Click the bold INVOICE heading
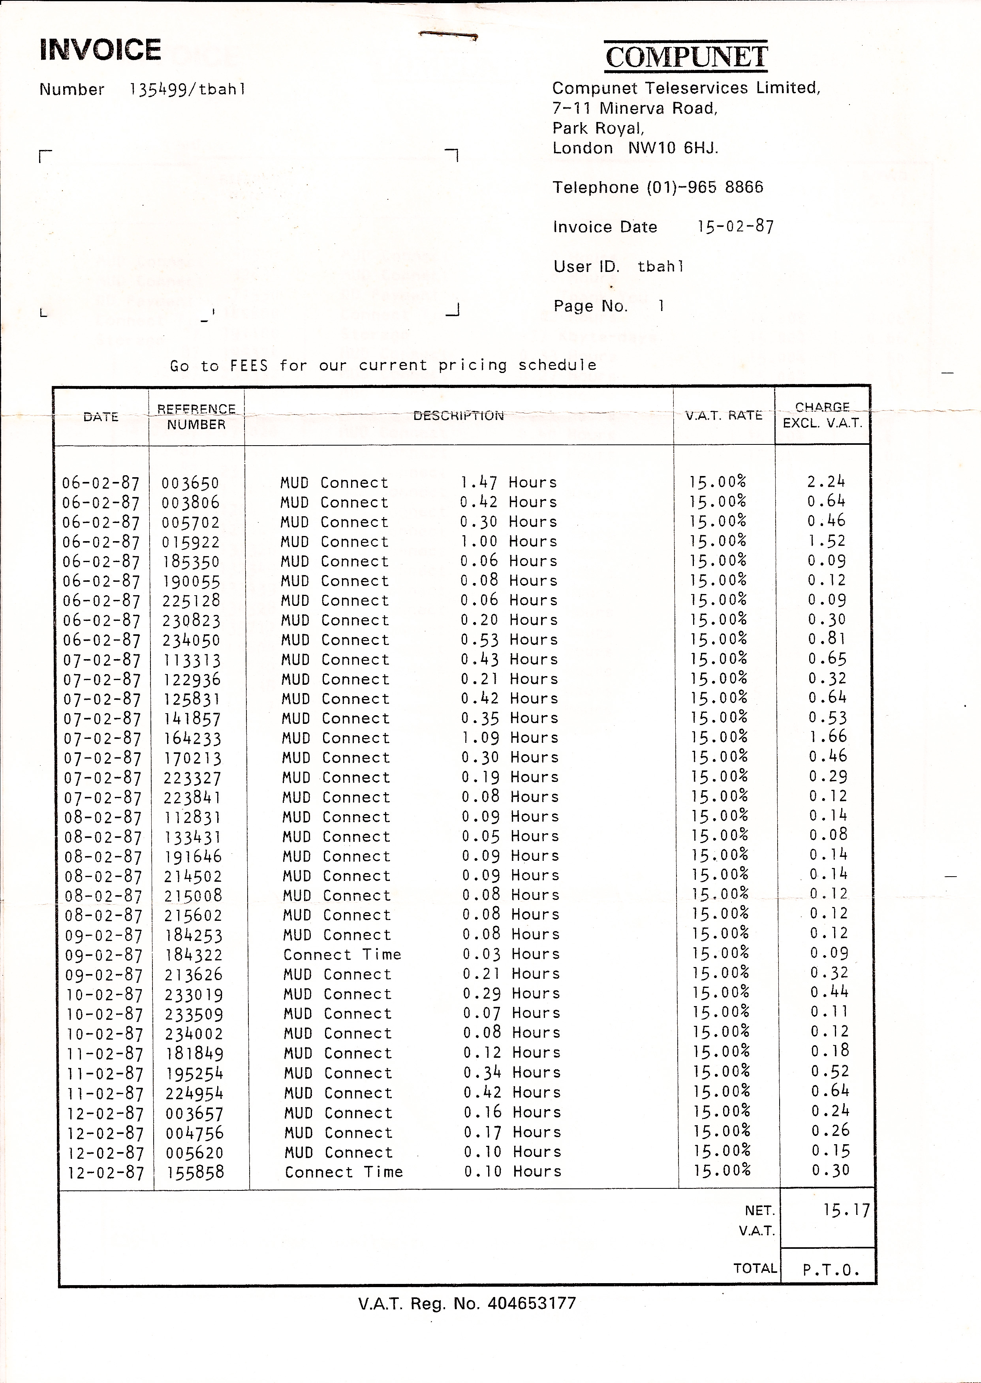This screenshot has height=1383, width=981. (100, 49)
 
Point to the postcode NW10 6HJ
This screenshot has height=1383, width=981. (673, 148)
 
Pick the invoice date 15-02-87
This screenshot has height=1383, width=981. (735, 227)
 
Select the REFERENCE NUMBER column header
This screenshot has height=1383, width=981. (196, 416)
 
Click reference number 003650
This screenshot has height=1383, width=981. (190, 483)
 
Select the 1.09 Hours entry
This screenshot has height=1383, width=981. (509, 738)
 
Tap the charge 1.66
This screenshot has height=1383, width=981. (827, 736)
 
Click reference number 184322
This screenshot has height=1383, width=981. (193, 955)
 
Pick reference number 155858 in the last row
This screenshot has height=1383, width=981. (195, 1172)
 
